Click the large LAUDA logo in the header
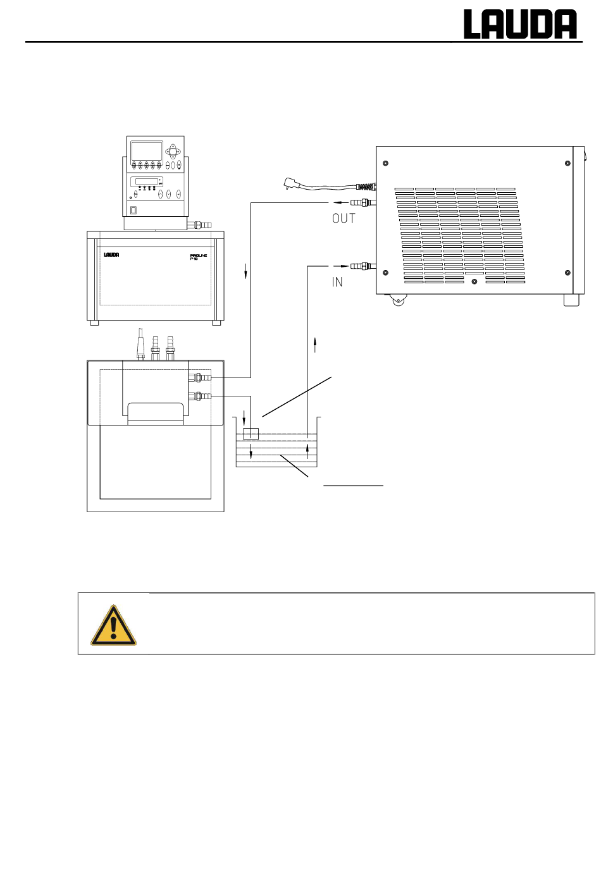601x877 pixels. click(x=520, y=24)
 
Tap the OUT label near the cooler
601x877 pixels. click(x=344, y=219)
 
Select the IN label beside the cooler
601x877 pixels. click(x=337, y=282)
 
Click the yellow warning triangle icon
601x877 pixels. click(x=114, y=625)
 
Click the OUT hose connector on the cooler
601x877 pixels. click(x=363, y=203)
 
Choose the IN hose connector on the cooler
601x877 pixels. click(x=363, y=266)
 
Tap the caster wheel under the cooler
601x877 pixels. click(x=398, y=300)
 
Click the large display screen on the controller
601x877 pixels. click(x=147, y=150)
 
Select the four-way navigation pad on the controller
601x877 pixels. click(x=173, y=150)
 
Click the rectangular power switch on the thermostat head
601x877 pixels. click(x=133, y=211)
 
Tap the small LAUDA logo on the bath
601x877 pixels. click(x=111, y=255)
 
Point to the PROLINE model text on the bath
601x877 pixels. click(x=198, y=257)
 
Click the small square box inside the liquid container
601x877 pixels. click(x=251, y=434)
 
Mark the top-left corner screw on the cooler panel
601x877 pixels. click(x=385, y=163)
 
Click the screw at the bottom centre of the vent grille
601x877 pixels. click(x=474, y=281)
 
